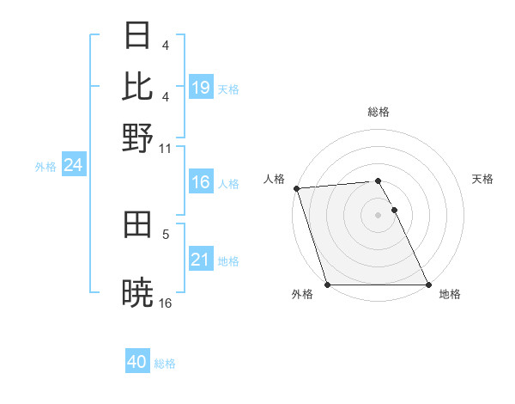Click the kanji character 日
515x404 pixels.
[138, 37]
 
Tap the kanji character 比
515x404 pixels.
[138, 87]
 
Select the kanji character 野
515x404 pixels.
[138, 137]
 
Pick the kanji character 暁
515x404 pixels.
[138, 292]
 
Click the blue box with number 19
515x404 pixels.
[201, 88]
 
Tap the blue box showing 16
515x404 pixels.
[201, 182]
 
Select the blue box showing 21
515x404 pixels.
[201, 260]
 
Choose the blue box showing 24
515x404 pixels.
[74, 166]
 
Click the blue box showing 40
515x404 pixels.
[137, 363]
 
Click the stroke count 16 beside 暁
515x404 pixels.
[166, 303]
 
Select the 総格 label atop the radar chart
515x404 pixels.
[379, 112]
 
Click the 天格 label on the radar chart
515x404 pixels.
[483, 179]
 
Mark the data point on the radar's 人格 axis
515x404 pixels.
[296, 188]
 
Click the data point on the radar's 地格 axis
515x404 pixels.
[428, 285]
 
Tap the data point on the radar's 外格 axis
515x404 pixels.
[328, 285]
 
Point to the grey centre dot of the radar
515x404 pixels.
[379, 215]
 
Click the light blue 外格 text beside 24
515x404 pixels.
[45, 167]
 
